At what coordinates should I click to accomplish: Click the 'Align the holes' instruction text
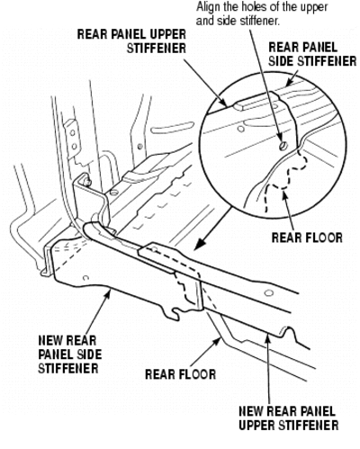tap(262, 13)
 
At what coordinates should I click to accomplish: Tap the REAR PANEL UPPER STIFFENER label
tap(131, 41)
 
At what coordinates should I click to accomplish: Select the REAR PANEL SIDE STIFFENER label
tap(312, 54)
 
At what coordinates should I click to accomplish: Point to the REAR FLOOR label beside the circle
tap(307, 238)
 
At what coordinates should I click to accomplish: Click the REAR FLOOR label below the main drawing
tap(180, 374)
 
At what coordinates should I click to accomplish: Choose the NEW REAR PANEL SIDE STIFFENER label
tap(70, 355)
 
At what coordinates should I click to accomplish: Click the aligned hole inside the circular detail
tap(283, 147)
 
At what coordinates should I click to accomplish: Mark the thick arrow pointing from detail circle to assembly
tap(212, 229)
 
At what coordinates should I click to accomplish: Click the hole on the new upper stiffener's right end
tap(269, 292)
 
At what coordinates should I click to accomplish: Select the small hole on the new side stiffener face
tap(85, 278)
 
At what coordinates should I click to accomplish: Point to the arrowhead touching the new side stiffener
tap(108, 294)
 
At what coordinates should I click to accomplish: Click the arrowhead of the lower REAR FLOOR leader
tap(218, 340)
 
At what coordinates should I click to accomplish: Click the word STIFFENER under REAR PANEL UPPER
tap(157, 49)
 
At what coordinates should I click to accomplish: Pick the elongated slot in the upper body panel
tap(172, 128)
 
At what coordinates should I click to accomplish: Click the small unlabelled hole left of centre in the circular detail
tap(240, 130)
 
